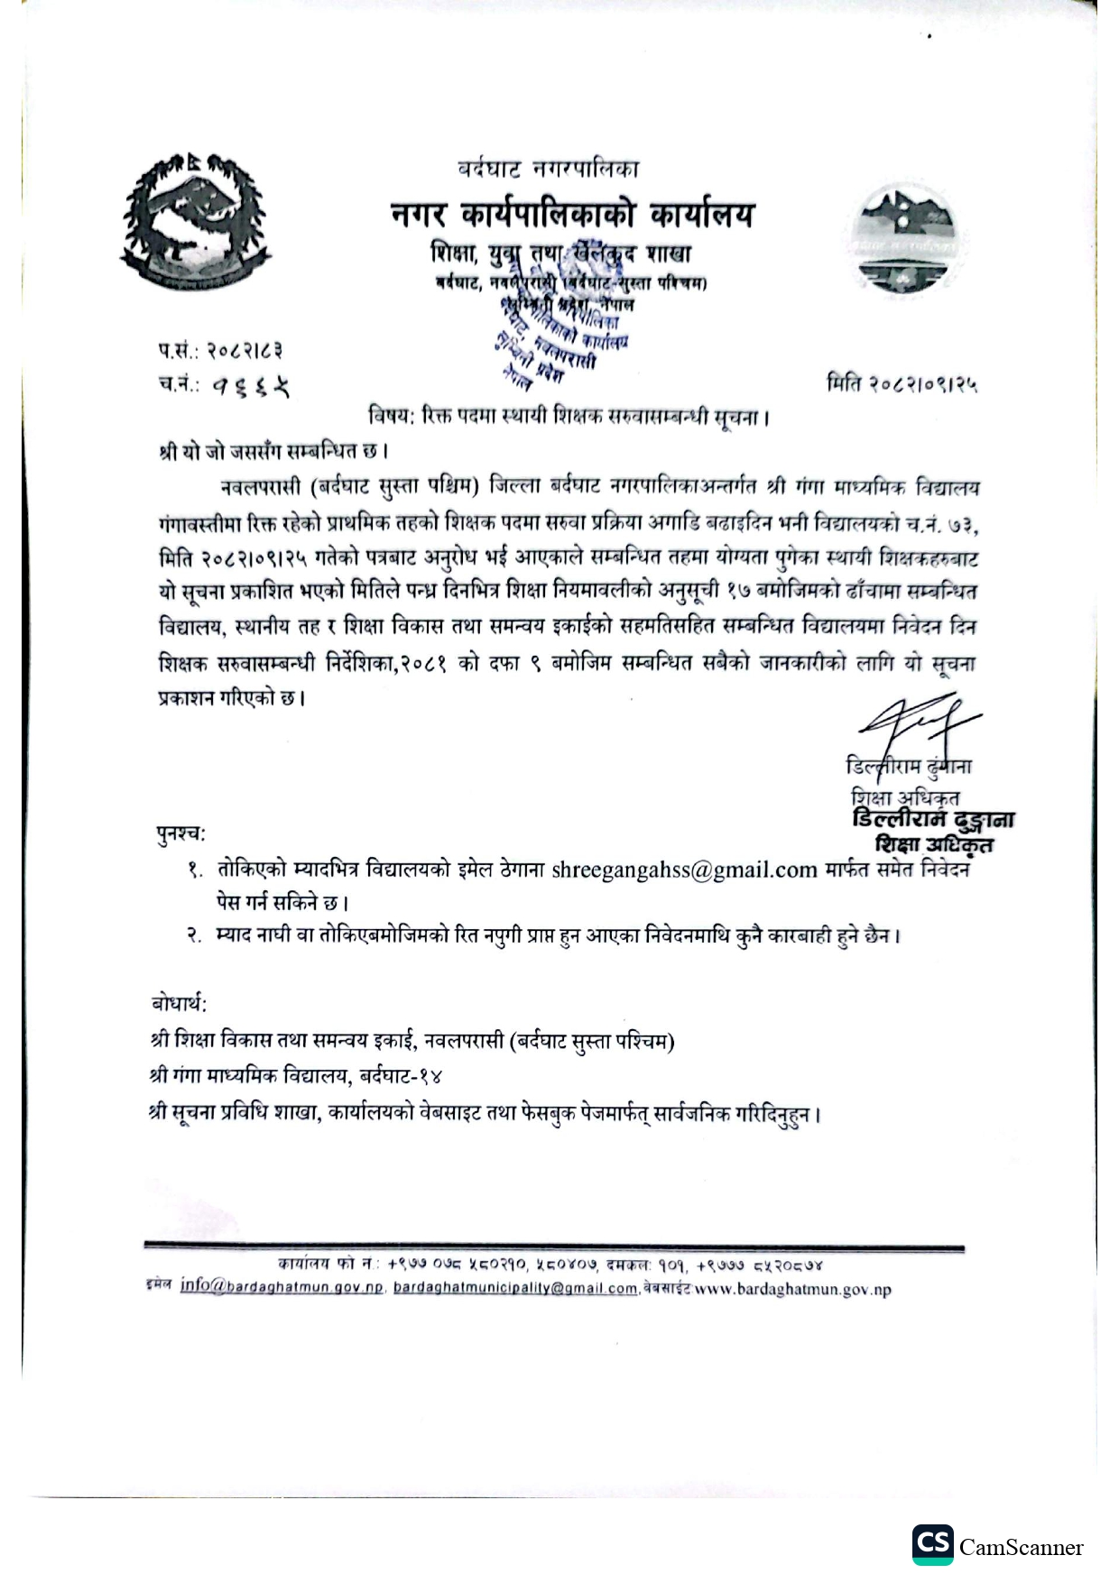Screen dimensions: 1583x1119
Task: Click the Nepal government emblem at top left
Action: (x=194, y=219)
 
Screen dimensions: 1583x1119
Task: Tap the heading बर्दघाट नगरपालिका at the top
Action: (x=549, y=168)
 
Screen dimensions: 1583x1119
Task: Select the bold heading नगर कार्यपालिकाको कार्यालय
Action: (x=572, y=215)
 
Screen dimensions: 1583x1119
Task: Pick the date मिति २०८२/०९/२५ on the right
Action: (x=902, y=384)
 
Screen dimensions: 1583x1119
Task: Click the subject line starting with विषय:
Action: (x=569, y=417)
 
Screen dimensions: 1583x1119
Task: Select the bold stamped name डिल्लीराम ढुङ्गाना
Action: (x=933, y=820)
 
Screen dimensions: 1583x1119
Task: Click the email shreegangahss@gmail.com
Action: (x=684, y=870)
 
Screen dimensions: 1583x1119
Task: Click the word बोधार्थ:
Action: (x=179, y=1003)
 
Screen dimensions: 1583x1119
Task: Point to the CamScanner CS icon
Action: (x=931, y=1545)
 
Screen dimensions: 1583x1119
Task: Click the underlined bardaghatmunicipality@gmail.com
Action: (x=515, y=1288)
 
